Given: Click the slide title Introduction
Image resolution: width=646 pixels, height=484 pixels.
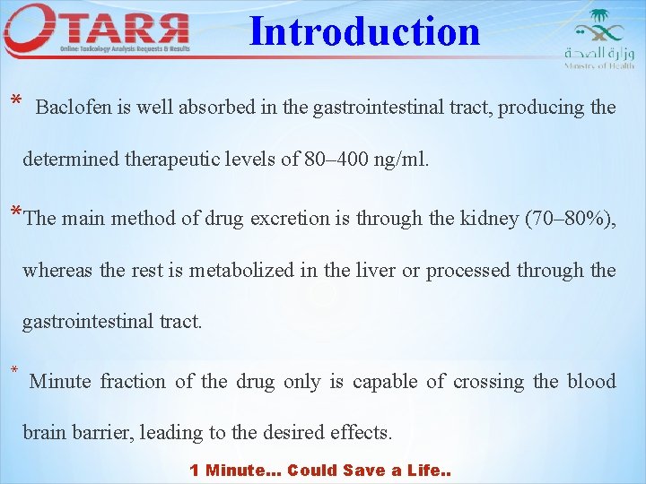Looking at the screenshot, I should [364, 31].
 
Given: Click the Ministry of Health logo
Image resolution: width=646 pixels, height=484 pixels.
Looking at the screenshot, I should [598, 39].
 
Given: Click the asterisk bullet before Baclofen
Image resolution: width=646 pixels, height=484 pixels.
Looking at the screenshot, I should [15, 101].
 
